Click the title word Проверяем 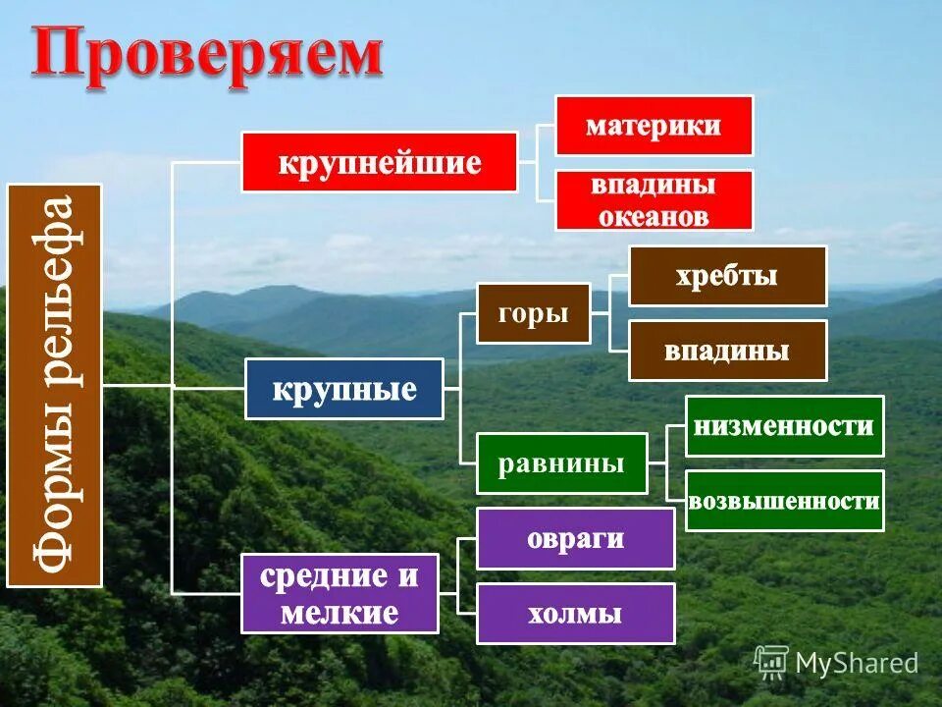[206, 54]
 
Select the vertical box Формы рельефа [55, 385]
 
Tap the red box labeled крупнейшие [380, 162]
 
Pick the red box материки [654, 126]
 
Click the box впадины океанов [654, 200]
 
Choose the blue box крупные [343, 389]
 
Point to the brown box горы [534, 314]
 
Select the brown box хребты [727, 276]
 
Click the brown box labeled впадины [727, 351]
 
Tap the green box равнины [561, 463]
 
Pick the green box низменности [784, 426]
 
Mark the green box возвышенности [784, 501]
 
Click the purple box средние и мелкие [340, 594]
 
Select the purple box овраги [575, 538]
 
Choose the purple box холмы [575, 614]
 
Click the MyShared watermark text [857, 663]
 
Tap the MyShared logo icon [771, 662]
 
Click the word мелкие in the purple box [340, 614]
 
